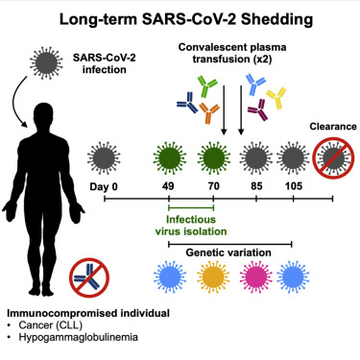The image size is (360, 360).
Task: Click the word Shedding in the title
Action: coord(276,20)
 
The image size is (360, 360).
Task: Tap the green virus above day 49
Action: coord(169,158)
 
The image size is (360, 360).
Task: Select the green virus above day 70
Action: coord(213,158)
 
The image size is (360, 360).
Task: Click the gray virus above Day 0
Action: coord(104,158)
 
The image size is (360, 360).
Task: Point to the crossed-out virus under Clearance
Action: coord(333,158)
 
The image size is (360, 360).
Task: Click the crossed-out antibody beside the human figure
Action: coord(89,277)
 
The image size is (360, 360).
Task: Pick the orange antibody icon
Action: coord(209,112)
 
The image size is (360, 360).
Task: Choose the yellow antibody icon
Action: coord(276,97)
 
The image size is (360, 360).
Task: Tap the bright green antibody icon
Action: coord(206,85)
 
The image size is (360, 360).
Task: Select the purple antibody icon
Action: coord(258,109)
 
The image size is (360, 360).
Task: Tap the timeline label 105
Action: coord(294,186)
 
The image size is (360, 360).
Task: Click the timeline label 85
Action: coord(256,186)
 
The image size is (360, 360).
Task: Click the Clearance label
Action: coord(333,127)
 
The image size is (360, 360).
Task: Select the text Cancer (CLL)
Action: coord(51,325)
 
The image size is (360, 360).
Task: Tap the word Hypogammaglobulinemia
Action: coord(79,337)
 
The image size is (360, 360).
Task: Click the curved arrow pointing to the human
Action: coord(16,100)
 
